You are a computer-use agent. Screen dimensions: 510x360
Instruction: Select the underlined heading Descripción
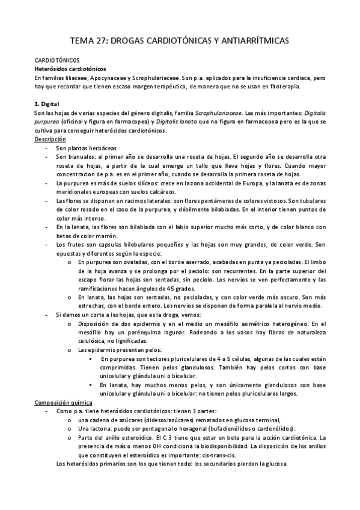coord(50,139)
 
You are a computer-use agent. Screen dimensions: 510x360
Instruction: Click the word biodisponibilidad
coord(210,446)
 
